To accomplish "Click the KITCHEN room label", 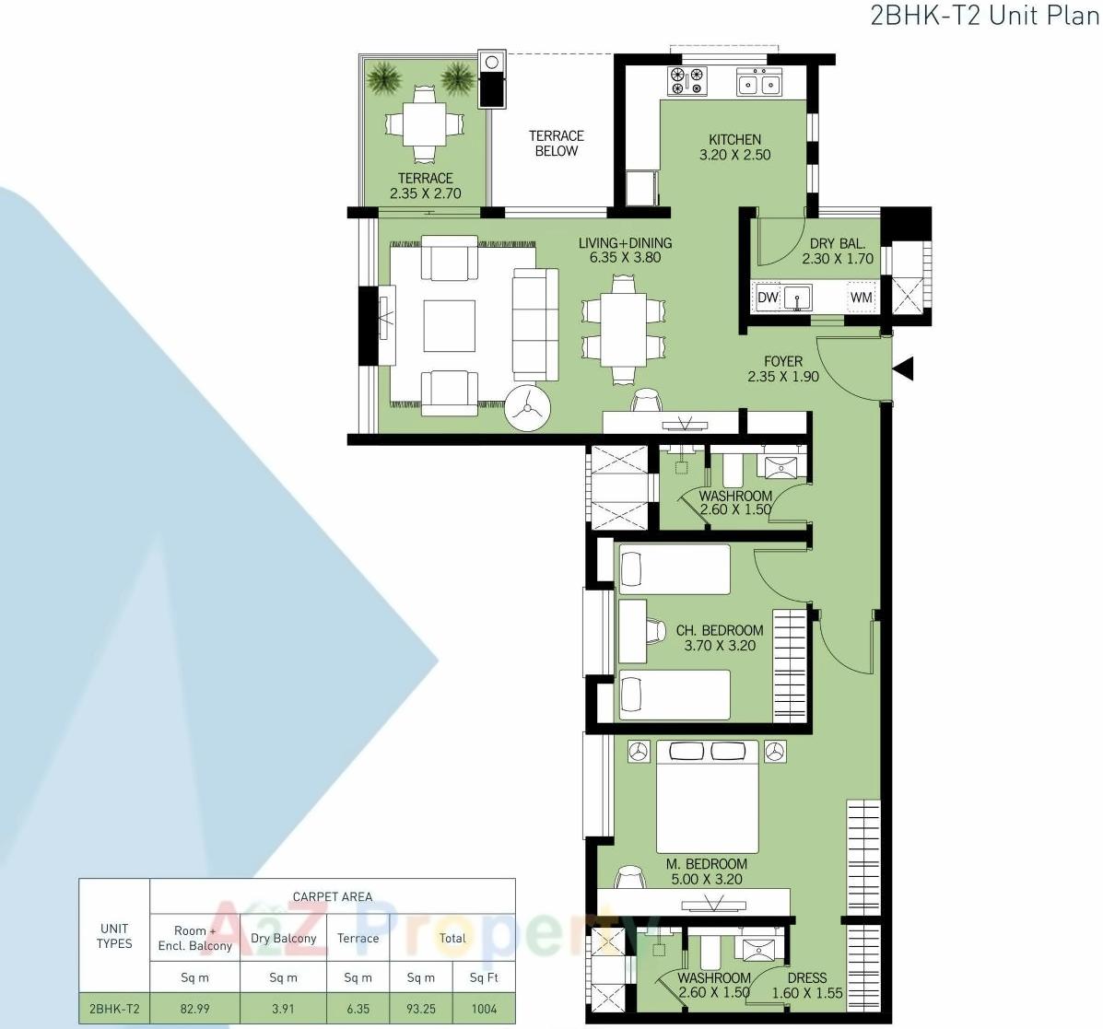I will pos(734,140).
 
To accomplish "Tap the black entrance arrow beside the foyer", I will pos(903,368).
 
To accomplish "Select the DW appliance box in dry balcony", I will pos(768,298).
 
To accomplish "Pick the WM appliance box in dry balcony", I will pos(861,298).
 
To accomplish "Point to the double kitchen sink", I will pos(758,84).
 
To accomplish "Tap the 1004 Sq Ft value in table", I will pos(484,1008).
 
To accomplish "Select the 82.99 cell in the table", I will pos(194,1008).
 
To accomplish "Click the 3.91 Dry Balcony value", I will pos(283,1008).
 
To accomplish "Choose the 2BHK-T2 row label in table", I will pos(114,1008).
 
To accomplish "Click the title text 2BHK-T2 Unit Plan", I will pos(984,17).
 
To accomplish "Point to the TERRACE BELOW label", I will pos(557,144).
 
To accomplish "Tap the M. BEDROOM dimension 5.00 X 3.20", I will pos(708,879).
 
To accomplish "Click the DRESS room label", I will pos(807,978).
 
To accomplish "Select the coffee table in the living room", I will pos(449,326).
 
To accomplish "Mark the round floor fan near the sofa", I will pos(528,406).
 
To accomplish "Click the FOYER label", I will pos(783,361).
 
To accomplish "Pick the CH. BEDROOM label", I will pos(720,631).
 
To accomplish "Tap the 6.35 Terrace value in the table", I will pos(358,1008).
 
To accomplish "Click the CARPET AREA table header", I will pos(332,896).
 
